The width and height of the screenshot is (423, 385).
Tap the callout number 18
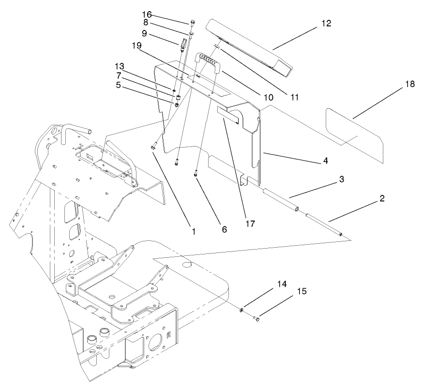(x=409, y=85)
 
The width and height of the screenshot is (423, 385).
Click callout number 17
(x=250, y=224)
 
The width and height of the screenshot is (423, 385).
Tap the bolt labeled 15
(x=257, y=318)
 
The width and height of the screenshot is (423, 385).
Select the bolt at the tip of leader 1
(x=154, y=144)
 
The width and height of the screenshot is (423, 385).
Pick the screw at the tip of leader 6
(x=196, y=173)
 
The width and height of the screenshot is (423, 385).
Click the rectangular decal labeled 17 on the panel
(x=230, y=117)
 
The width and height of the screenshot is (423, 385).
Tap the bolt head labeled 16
(x=193, y=22)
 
